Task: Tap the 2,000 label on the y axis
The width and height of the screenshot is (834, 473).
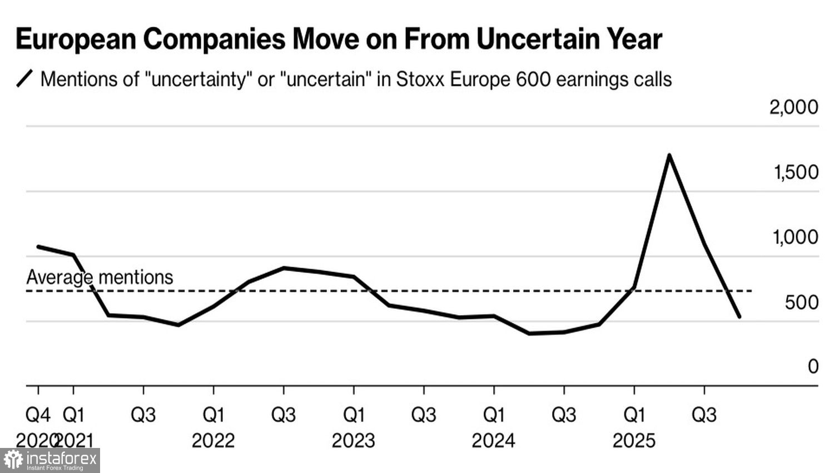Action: pos(793,107)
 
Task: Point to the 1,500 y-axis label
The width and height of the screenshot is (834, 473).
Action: pos(796,172)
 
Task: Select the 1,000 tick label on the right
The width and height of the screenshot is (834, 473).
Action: pos(795,237)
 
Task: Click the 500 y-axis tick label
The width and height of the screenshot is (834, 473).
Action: pos(802,302)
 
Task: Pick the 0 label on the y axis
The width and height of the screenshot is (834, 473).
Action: pos(813,366)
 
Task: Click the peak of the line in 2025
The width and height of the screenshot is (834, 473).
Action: pos(669,155)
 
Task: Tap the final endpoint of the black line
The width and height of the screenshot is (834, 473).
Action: pos(739,317)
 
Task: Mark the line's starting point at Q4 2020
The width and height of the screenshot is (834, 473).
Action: pos(38,247)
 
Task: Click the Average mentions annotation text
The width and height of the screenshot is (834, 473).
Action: pos(100,277)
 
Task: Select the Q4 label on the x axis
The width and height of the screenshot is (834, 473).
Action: pos(38,415)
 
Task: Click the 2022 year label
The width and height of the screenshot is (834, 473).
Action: pos(214,441)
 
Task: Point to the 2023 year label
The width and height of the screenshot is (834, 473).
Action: pos(354,441)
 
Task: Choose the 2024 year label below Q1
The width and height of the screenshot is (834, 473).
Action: pos(494,441)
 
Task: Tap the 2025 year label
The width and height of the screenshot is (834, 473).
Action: pos(634,441)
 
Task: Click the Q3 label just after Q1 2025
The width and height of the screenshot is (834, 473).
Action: pos(704,415)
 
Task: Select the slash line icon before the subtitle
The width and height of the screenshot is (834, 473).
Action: pos(25,78)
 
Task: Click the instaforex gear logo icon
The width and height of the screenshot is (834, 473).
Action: pos(13,460)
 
